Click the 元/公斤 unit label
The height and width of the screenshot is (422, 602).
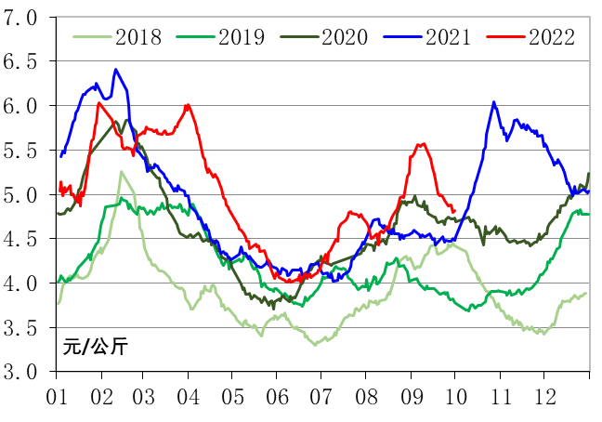(x=96, y=349)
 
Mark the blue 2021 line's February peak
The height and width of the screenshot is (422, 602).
(x=115, y=69)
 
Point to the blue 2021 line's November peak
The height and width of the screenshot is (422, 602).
(x=493, y=102)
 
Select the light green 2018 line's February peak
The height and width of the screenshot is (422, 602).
(x=121, y=172)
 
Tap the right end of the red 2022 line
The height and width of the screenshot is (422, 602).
(x=453, y=213)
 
